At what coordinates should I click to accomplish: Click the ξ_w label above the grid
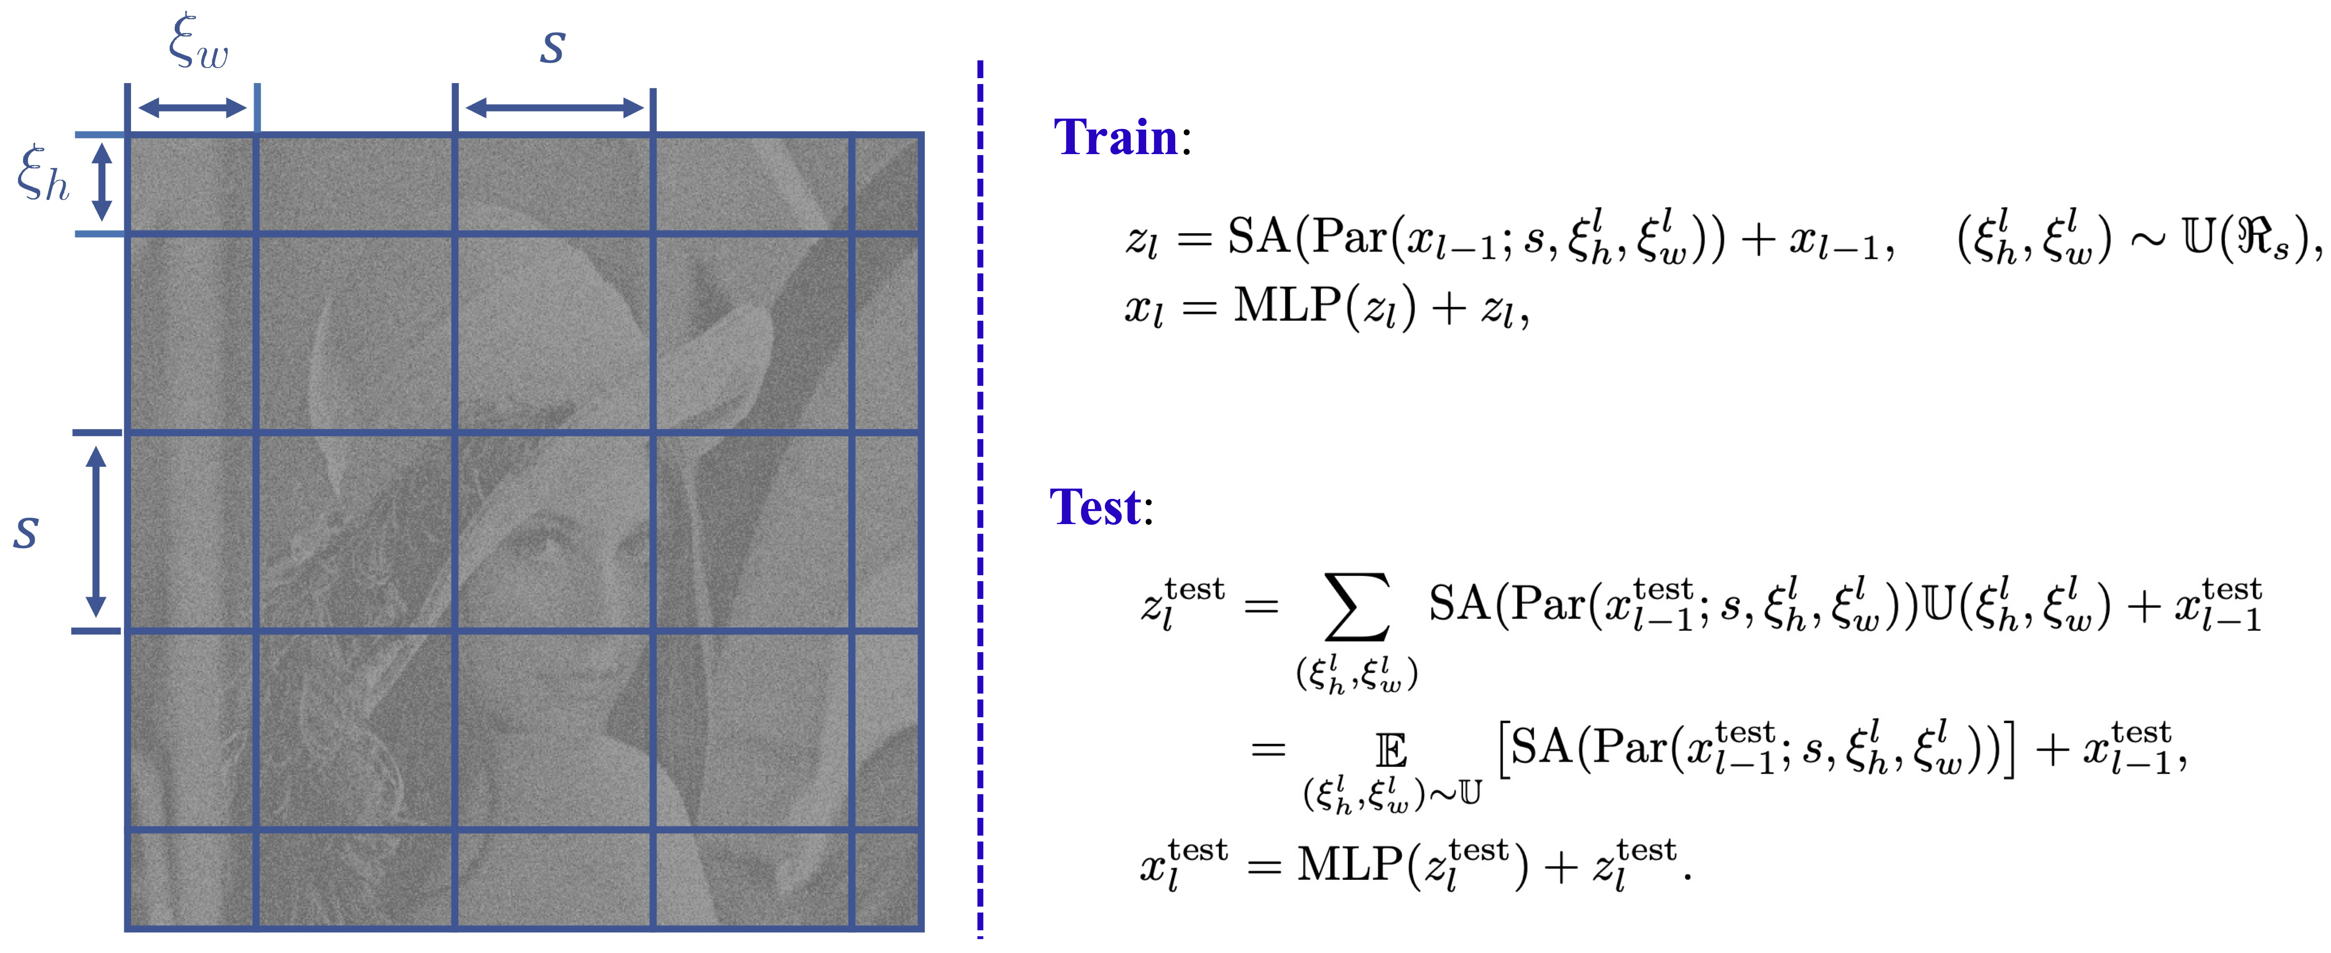point(198,43)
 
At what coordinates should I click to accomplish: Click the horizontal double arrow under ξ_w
point(192,109)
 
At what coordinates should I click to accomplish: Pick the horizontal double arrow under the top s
point(554,109)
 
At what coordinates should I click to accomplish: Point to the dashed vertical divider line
point(980,498)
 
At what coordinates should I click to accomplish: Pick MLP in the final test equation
point(1350,864)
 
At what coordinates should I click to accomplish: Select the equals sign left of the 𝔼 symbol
point(1268,749)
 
